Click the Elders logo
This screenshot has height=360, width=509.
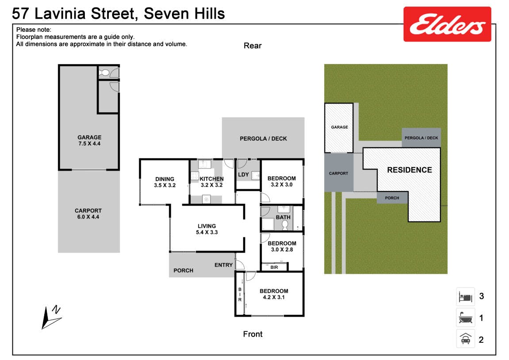pyautogui.click(x=448, y=24)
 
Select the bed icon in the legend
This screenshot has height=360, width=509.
pyautogui.click(x=466, y=297)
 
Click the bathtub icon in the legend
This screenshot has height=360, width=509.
pyautogui.click(x=466, y=318)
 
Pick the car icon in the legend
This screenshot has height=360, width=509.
pyautogui.click(x=466, y=339)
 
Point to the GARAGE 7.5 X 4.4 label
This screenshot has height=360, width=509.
pyautogui.click(x=89, y=140)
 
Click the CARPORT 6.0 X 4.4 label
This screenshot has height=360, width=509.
pyautogui.click(x=88, y=214)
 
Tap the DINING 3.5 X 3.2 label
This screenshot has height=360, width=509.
pyautogui.click(x=165, y=182)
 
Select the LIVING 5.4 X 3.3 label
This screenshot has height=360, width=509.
pyautogui.click(x=207, y=229)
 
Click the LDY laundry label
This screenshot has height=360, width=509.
pyautogui.click(x=244, y=175)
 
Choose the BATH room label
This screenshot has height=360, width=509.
pyautogui.click(x=283, y=217)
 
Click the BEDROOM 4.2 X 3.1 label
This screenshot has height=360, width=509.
pyautogui.click(x=274, y=294)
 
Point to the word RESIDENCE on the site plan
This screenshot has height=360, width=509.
pyautogui.click(x=409, y=170)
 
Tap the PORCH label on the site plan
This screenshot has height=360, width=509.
pyautogui.click(x=392, y=198)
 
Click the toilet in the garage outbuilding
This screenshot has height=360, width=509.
pyautogui.click(x=104, y=73)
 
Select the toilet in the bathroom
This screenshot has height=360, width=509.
pyautogui.click(x=285, y=224)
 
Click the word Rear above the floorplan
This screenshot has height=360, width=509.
pyautogui.click(x=253, y=46)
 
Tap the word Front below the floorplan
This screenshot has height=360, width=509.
pyautogui.click(x=253, y=334)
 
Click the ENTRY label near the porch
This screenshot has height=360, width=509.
pyautogui.click(x=223, y=265)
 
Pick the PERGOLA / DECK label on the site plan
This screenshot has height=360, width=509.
pyautogui.click(x=421, y=138)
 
